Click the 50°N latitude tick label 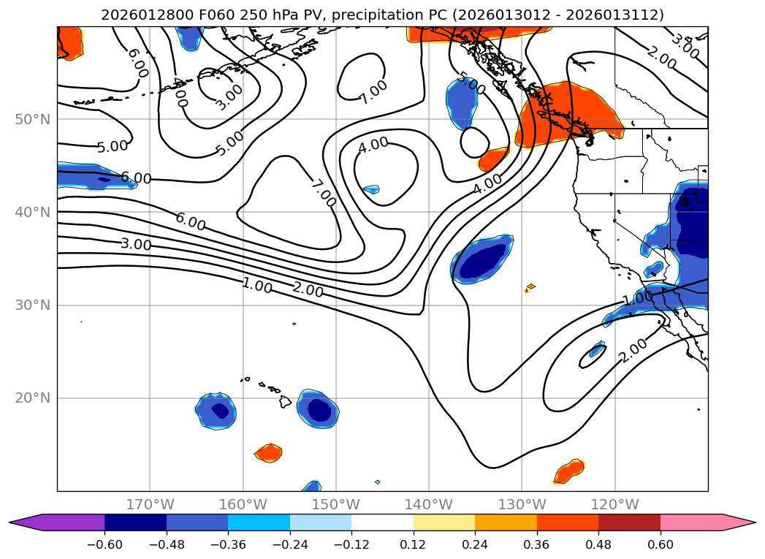(x=32, y=119)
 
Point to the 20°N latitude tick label (x=32, y=398)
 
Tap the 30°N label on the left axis (x=32, y=305)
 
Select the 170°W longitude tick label (x=150, y=504)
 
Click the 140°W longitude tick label (x=429, y=504)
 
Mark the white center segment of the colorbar (x=382, y=522)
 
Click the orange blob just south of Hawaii (x=269, y=453)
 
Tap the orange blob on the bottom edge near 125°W (x=568, y=472)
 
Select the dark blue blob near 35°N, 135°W (x=482, y=259)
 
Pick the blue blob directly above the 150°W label (x=312, y=486)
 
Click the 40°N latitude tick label (x=32, y=213)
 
